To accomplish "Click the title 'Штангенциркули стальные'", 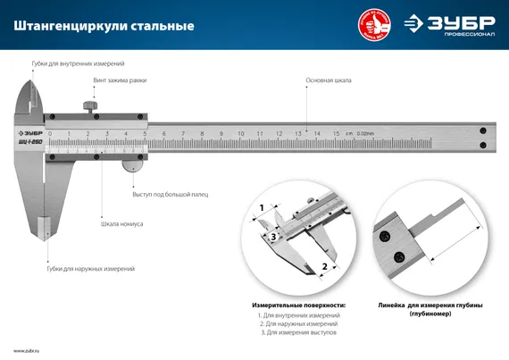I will pyautogui.click(x=104, y=26).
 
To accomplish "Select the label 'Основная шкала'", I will pyautogui.click(x=328, y=80).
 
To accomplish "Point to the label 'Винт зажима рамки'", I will pyautogui.click(x=120, y=80).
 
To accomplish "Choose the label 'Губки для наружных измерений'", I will pyautogui.click(x=90, y=268).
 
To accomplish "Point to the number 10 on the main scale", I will pyautogui.click(x=239, y=133).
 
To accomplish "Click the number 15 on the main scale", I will pyautogui.click(x=335, y=133).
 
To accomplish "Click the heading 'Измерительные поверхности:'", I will pyautogui.click(x=297, y=305).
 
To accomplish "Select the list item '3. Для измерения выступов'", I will pyautogui.click(x=297, y=332).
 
